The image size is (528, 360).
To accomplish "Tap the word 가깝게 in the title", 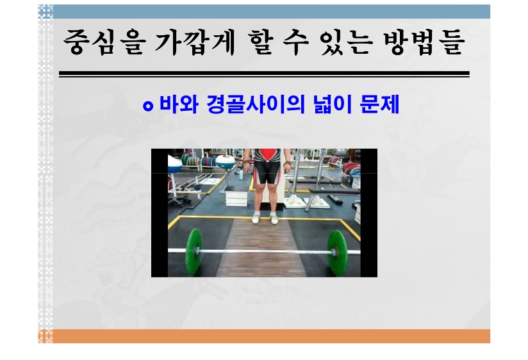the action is (195, 42).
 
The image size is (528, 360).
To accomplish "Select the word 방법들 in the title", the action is (424, 42).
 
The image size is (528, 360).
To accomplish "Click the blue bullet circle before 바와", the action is (148, 106).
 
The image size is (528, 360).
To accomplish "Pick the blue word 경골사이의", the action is (256, 104).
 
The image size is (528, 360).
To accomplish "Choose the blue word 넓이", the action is (333, 104).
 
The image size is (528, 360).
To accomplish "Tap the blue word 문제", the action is (380, 104).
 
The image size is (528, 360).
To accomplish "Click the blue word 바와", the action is (179, 104).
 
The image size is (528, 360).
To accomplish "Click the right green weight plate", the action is (335, 252).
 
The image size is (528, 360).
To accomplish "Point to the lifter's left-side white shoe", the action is (256, 218).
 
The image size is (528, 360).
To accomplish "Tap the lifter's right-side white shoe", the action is (274, 218).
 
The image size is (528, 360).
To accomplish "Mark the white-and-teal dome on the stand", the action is (226, 161).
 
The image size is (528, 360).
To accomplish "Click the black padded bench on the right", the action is (334, 191).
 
